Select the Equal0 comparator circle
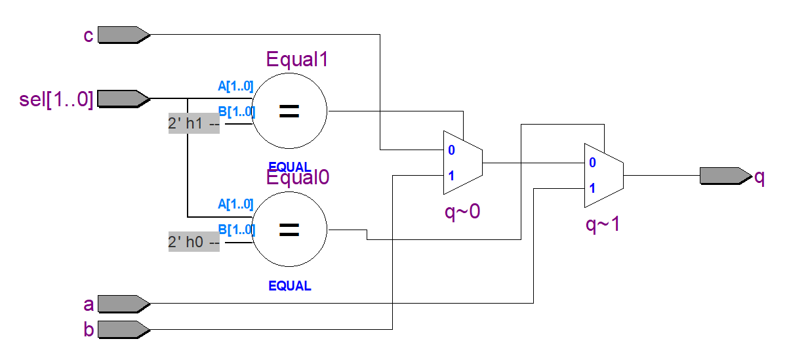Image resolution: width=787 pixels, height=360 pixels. pyautogui.click(x=289, y=230)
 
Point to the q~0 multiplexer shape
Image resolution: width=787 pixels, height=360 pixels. pyautogui.click(x=463, y=162)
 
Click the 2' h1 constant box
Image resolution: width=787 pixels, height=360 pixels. pyautogui.click(x=193, y=123)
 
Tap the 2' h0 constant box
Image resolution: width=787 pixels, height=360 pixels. pyautogui.click(x=193, y=241)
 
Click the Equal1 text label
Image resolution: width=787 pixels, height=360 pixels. pyautogui.click(x=296, y=60)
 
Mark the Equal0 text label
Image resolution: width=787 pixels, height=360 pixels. pyautogui.click(x=296, y=178)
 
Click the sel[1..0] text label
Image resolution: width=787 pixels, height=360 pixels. pyautogui.click(x=56, y=100)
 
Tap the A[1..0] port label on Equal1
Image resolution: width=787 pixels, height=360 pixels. pyautogui.click(x=235, y=85)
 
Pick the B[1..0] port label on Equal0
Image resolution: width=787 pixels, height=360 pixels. pyautogui.click(x=236, y=230)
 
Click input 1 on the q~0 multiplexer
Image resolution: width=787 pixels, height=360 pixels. pyautogui.click(x=451, y=175)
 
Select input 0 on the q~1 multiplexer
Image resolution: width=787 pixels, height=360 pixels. pyautogui.click(x=592, y=163)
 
